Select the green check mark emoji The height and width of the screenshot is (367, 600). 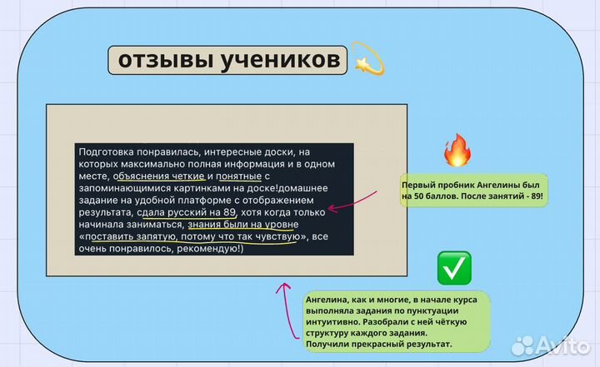(x=453, y=268)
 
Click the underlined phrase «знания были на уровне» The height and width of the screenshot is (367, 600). (x=242, y=224)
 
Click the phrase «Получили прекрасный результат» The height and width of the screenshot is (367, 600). (x=379, y=344)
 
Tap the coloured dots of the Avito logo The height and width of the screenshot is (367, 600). (x=523, y=344)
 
